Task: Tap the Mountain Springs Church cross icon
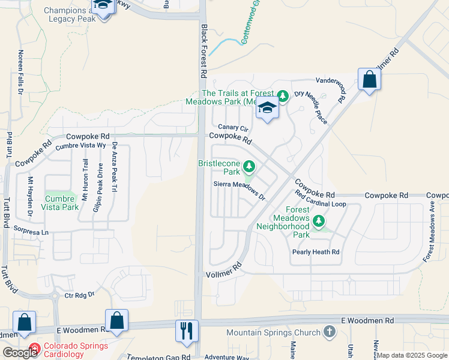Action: (x=328, y=332)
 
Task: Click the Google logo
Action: (x=20, y=353)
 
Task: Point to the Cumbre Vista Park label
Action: (x=60, y=203)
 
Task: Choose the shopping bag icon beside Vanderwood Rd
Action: (x=369, y=79)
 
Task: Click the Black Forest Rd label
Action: (x=204, y=52)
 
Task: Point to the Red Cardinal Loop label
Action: (x=321, y=199)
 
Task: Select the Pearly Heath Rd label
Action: (x=316, y=252)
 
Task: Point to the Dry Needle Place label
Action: (x=311, y=107)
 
